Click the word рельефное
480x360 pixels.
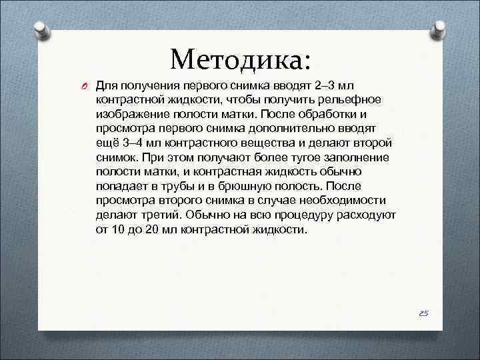(x=347, y=100)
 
